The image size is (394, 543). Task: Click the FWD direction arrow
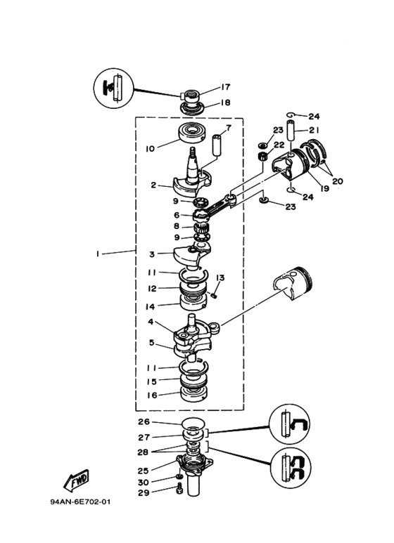click(x=76, y=480)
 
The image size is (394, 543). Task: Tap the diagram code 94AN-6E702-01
click(x=80, y=502)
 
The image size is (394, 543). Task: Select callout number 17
click(x=225, y=87)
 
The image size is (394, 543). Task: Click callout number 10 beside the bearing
click(x=150, y=149)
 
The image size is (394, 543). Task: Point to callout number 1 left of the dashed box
click(x=98, y=254)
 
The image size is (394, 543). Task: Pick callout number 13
click(x=220, y=278)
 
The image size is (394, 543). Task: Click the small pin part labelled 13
click(x=213, y=296)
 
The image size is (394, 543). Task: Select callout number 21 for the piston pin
click(x=314, y=130)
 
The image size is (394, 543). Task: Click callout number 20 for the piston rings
click(x=338, y=181)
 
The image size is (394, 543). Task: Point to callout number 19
click(x=324, y=188)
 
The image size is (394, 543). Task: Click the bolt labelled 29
click(x=179, y=488)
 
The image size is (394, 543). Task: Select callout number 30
click(x=144, y=482)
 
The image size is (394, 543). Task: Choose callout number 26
click(x=144, y=421)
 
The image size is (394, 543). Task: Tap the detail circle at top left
click(x=114, y=88)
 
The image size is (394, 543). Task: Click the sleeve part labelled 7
click(x=217, y=145)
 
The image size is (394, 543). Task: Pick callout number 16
click(x=152, y=395)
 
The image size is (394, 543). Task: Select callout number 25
click(x=144, y=471)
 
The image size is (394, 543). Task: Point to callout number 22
click(x=279, y=145)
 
